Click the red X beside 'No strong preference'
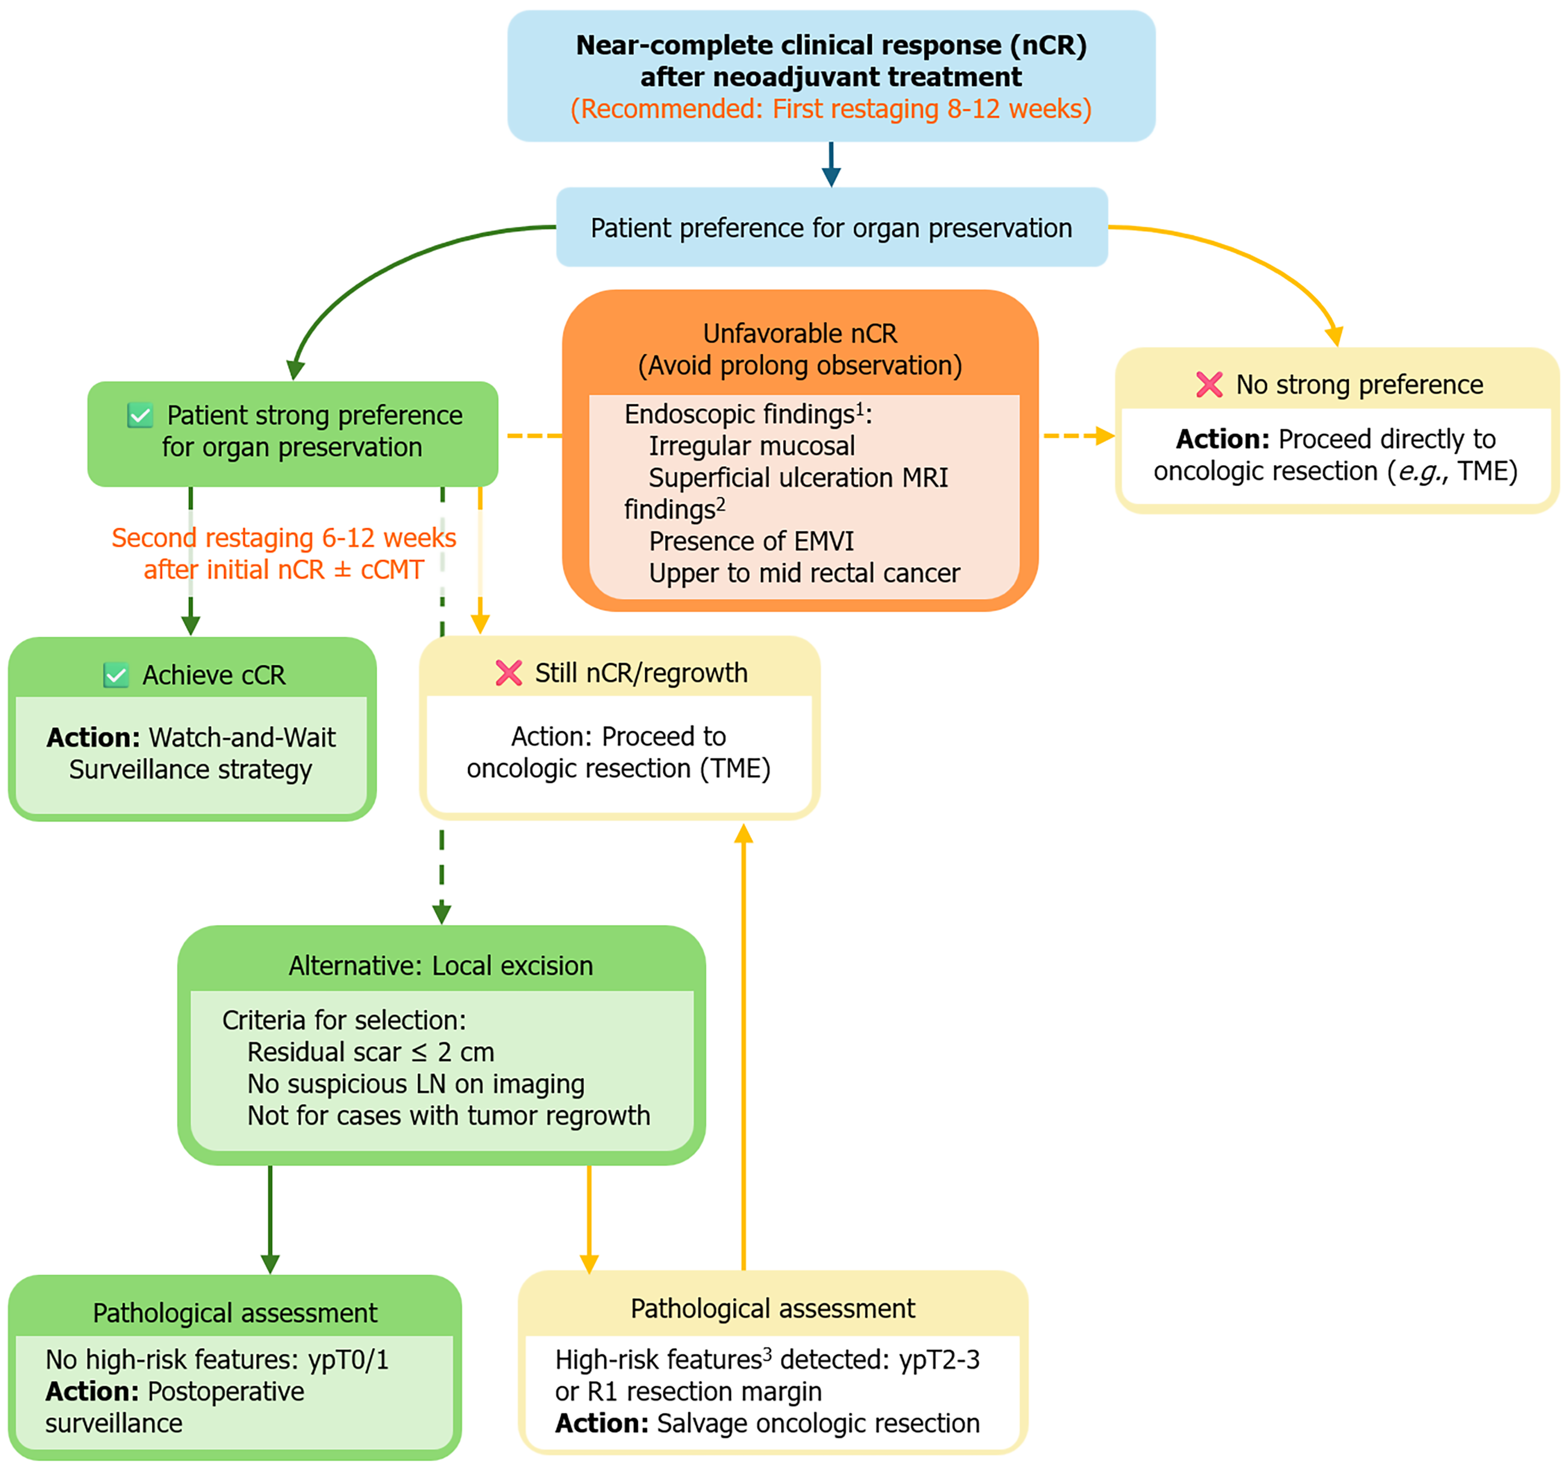click(x=1209, y=385)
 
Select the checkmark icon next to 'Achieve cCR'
click(x=116, y=676)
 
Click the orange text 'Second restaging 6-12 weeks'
click(x=284, y=538)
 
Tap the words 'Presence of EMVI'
click(x=751, y=541)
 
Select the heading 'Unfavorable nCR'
click(x=800, y=334)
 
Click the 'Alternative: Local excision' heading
click(x=441, y=965)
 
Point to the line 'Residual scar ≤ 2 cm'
click(x=371, y=1052)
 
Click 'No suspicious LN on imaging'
click(x=416, y=1084)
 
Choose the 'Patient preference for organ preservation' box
click(x=832, y=227)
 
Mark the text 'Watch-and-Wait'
click(x=242, y=737)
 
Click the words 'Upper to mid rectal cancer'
click(x=805, y=573)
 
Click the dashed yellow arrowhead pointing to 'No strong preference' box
click(x=1105, y=436)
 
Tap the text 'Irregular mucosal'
click(x=751, y=446)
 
